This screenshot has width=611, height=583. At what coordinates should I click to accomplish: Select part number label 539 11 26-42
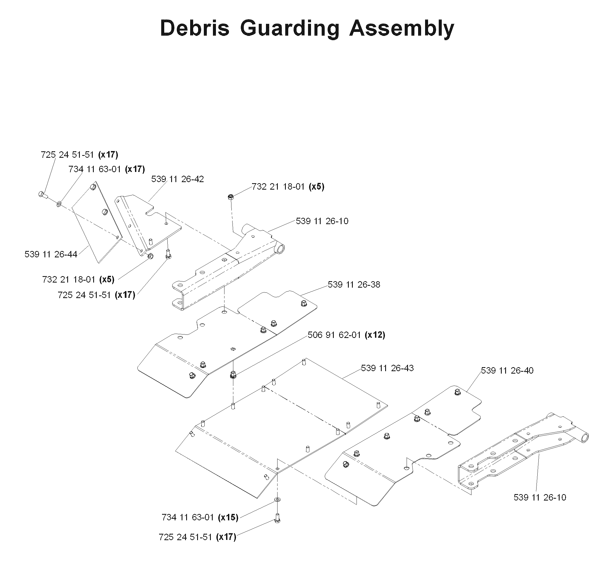point(177,179)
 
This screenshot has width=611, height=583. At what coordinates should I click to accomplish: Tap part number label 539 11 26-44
point(51,254)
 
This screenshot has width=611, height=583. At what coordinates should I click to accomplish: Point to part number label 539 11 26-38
point(354,285)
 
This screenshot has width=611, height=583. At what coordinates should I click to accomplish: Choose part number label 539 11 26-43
point(387,368)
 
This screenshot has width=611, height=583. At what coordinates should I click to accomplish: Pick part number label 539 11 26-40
point(507,370)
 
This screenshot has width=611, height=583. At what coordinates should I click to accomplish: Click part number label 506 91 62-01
point(334,335)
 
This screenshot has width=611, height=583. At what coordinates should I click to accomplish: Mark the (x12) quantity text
point(375,335)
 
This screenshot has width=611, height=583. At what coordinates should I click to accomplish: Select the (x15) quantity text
point(228,517)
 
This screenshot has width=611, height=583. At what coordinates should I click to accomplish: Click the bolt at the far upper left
point(43,195)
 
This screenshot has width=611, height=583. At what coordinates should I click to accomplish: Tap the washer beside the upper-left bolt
point(59,204)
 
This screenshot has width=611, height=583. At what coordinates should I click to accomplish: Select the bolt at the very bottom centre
point(278,518)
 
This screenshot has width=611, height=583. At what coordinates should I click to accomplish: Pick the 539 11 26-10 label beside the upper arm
point(322,221)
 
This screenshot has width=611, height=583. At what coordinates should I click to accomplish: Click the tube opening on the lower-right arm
point(584,438)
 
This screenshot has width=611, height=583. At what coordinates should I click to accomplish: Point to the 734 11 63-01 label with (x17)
point(107,169)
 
